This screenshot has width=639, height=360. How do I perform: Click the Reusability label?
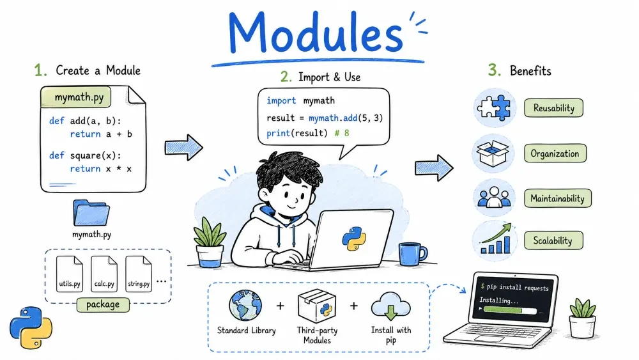pos(553,108)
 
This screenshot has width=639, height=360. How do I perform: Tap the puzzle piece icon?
pos(495,107)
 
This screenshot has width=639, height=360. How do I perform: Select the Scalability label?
pos(553,240)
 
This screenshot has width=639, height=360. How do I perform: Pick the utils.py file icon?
pos(69,274)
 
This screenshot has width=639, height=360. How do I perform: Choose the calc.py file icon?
pos(104,274)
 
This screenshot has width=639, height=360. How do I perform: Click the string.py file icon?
pos(139,274)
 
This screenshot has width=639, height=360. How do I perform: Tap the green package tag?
pos(103,304)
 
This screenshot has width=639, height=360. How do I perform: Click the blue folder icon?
pos(91,213)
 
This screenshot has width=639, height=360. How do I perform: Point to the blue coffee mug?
pos(412,254)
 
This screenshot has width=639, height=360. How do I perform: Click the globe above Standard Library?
pos(245,306)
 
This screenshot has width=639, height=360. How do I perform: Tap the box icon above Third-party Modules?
pos(317,306)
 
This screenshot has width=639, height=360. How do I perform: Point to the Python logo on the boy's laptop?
pos(354,239)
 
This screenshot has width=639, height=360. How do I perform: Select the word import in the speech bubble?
pos(281,100)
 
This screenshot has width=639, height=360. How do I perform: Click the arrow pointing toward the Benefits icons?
pos(434,168)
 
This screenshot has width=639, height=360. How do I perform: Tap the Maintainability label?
pos(557,199)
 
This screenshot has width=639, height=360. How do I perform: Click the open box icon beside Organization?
pos(493,153)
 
